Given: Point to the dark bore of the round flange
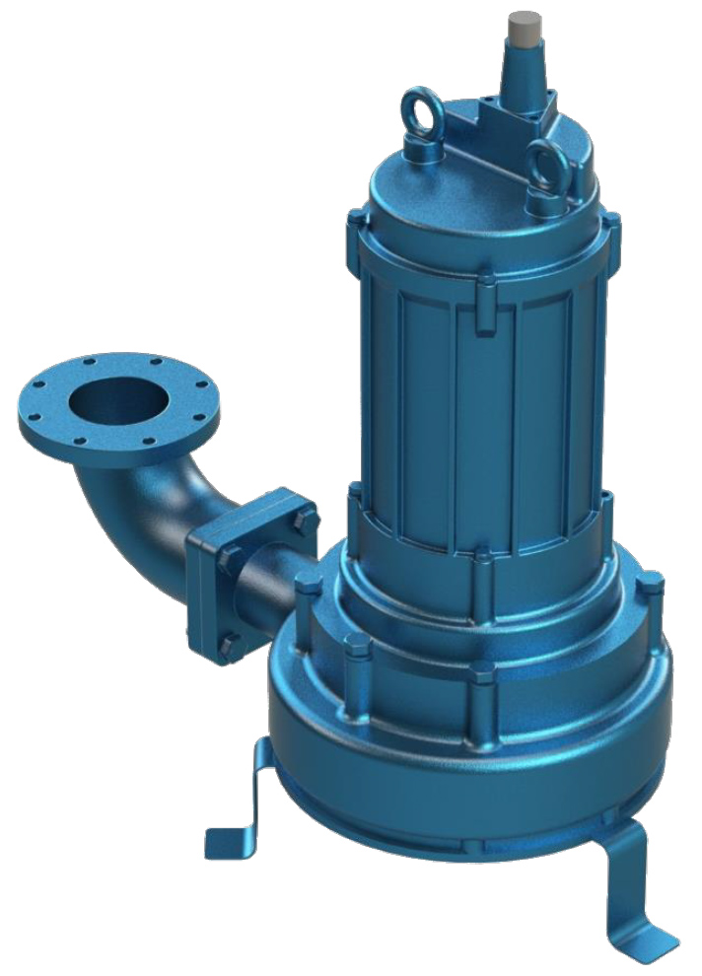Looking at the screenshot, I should tap(116, 399).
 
